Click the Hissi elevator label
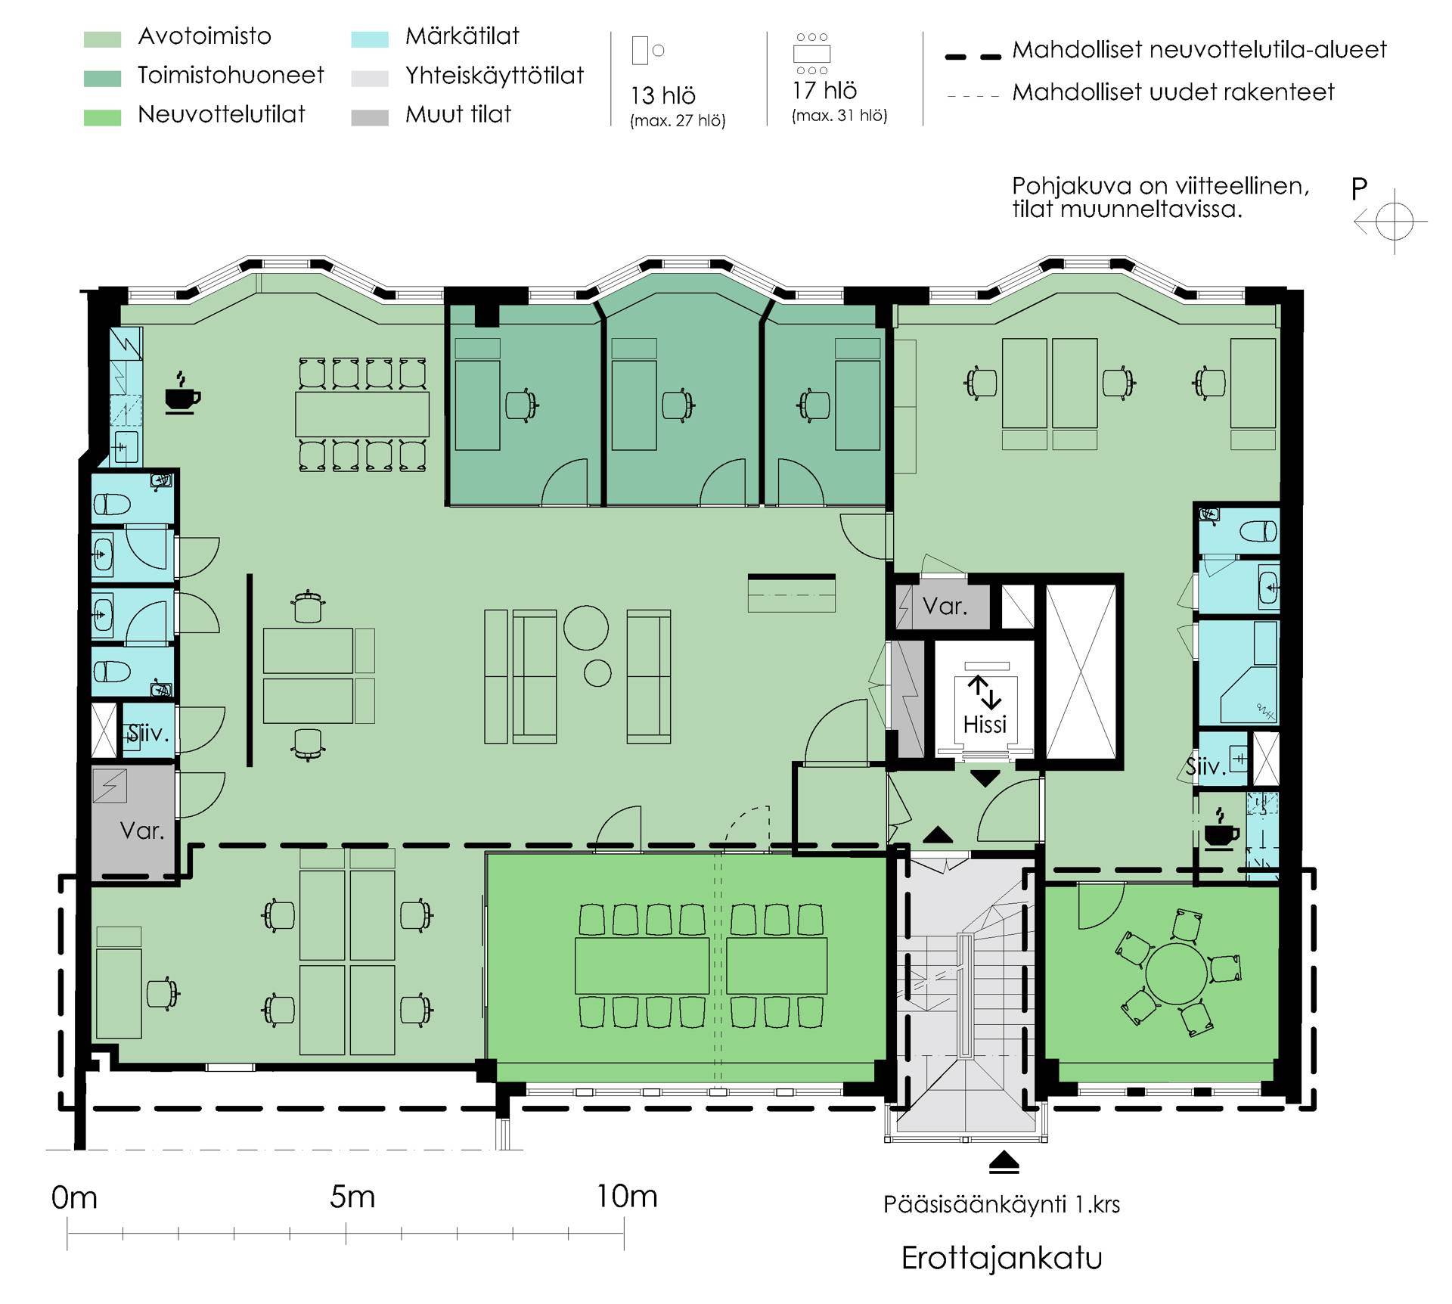pos(985,725)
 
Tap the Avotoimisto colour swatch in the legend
pos(102,39)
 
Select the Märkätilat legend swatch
pos(370,39)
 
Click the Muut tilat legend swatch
pos(370,117)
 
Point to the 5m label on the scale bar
pos(352,1197)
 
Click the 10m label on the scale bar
pos(627,1197)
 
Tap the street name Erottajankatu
pos(1002,1259)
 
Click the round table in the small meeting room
pos(1177,973)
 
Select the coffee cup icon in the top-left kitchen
pos(182,393)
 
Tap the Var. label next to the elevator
pos(945,606)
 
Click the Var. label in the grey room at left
pos(142,831)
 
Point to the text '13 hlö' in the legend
pos(663,96)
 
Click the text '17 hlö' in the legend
pos(824,91)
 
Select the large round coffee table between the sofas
pos(586,627)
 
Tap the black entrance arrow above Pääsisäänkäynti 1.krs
pos(1004,1163)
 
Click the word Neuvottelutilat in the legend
pos(222,114)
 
